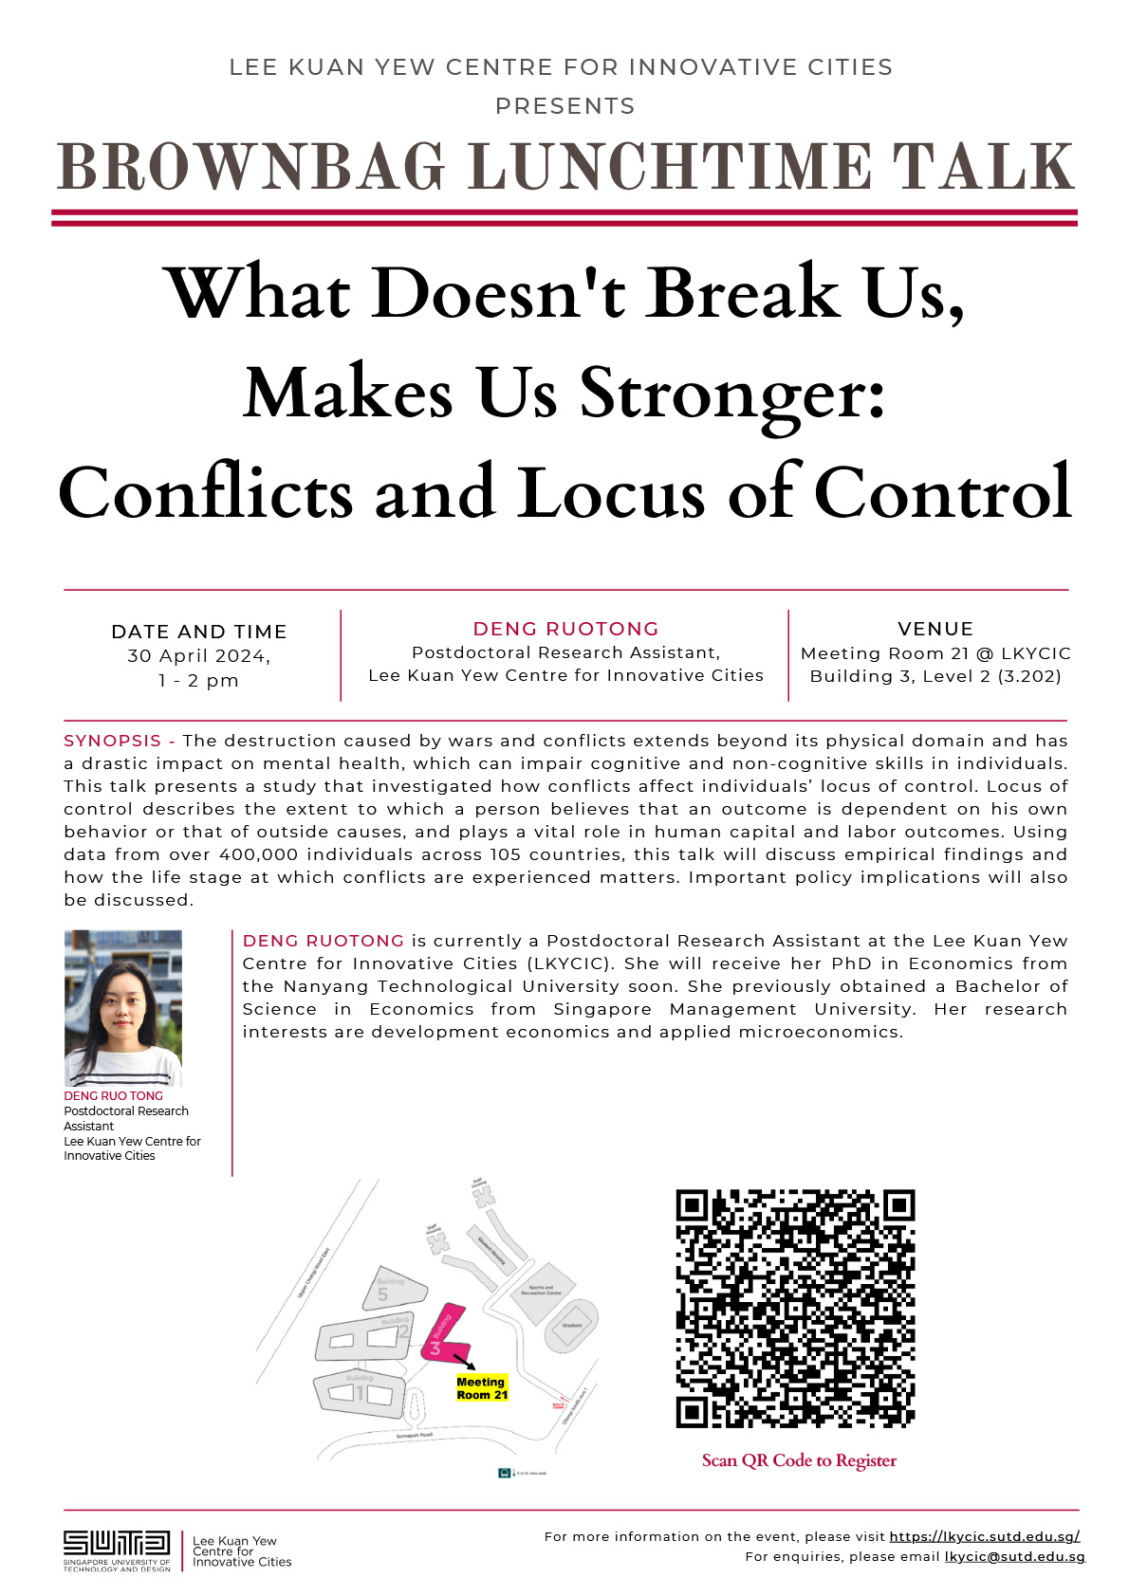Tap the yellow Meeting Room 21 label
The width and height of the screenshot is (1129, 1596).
coord(482,1388)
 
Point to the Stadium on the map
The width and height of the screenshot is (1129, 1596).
coord(572,1326)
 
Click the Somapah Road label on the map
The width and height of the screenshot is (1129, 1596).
coord(414,1436)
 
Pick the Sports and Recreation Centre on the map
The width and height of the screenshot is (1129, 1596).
coord(542,1292)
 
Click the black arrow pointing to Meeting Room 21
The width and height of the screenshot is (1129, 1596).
coord(465,1363)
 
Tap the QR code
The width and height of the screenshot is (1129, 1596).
coord(795,1309)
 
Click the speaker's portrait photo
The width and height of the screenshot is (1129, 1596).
coord(122,1008)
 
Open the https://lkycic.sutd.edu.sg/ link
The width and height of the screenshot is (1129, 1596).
coord(985,1536)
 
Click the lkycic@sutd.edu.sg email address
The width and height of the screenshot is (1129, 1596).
coord(1014,1556)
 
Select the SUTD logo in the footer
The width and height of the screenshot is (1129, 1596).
coord(117,1550)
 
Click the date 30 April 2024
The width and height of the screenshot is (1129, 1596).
coord(198,656)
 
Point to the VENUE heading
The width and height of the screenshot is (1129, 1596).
coord(935,629)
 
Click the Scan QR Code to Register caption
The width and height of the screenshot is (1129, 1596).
coord(799,1460)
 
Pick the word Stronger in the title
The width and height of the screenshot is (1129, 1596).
coord(732,394)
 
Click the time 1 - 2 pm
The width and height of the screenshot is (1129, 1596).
coord(198,681)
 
